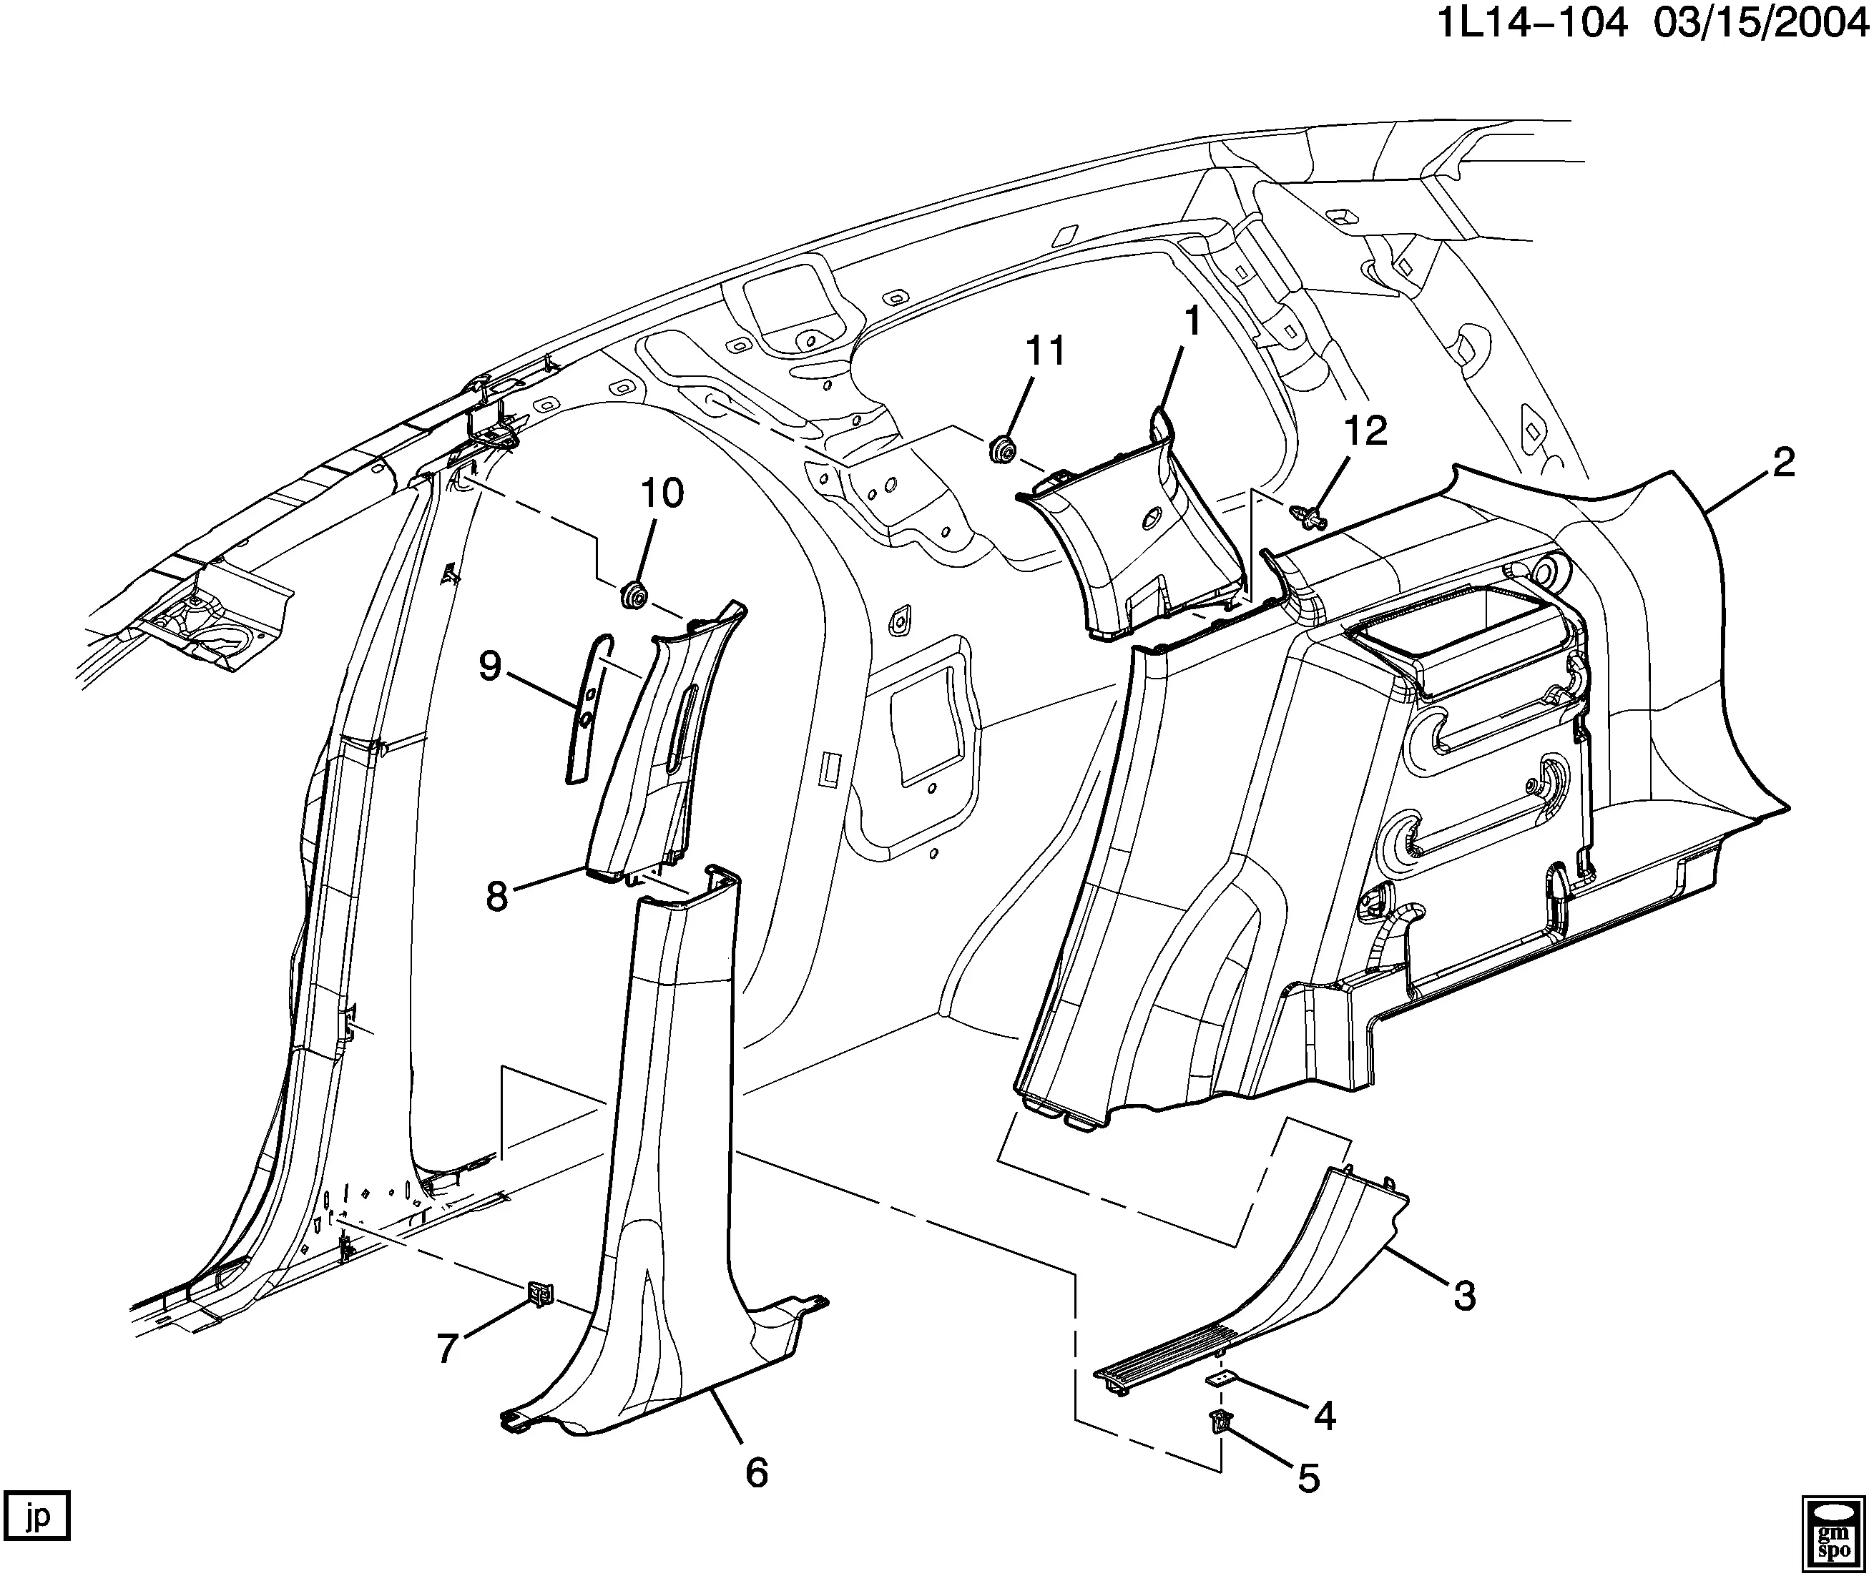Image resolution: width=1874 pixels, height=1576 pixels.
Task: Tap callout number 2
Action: pyautogui.click(x=1784, y=463)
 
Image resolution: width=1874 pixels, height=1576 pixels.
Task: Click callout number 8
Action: pyautogui.click(x=497, y=895)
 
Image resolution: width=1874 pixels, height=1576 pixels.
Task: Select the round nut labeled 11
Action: pyautogui.click(x=1002, y=448)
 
